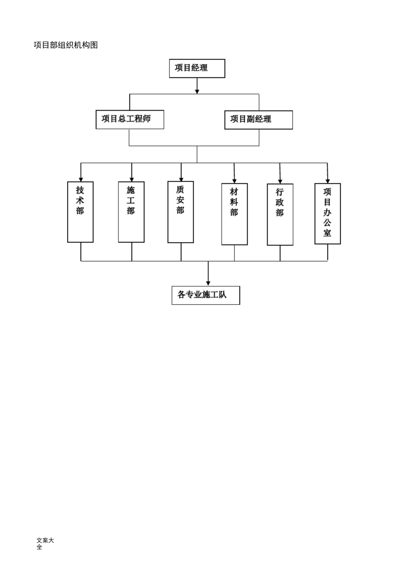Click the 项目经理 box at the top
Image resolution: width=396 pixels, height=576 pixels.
click(x=197, y=68)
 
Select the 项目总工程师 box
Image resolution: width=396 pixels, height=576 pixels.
click(x=130, y=119)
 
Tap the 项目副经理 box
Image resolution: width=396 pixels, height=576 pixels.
click(x=258, y=120)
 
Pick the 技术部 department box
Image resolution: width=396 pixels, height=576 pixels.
click(x=80, y=212)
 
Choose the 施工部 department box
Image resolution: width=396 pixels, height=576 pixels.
click(x=131, y=212)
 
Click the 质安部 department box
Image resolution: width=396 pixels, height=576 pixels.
click(x=180, y=212)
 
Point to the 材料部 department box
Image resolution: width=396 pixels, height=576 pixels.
click(x=234, y=214)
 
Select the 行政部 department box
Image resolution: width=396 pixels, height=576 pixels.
click(x=280, y=214)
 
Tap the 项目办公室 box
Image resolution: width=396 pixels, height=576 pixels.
click(x=328, y=214)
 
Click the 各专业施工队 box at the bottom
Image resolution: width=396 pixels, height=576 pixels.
click(x=206, y=295)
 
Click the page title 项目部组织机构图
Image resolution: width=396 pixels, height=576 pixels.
click(x=66, y=45)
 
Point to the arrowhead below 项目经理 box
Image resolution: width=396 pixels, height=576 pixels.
click(x=197, y=91)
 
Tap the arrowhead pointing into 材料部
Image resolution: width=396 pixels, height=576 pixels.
click(x=234, y=181)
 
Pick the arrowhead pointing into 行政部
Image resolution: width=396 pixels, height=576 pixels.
click(x=280, y=181)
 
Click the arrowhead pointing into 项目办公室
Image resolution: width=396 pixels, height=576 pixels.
click(x=328, y=181)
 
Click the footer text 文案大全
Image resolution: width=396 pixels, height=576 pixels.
click(x=45, y=543)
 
